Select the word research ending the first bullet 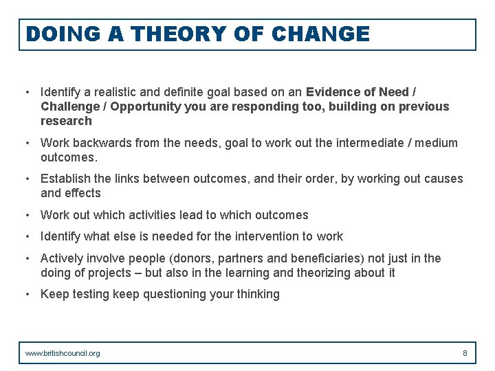pos(66,121)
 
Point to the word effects pos(83,193)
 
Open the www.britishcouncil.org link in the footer pos(63,353)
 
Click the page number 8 pos(465,353)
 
